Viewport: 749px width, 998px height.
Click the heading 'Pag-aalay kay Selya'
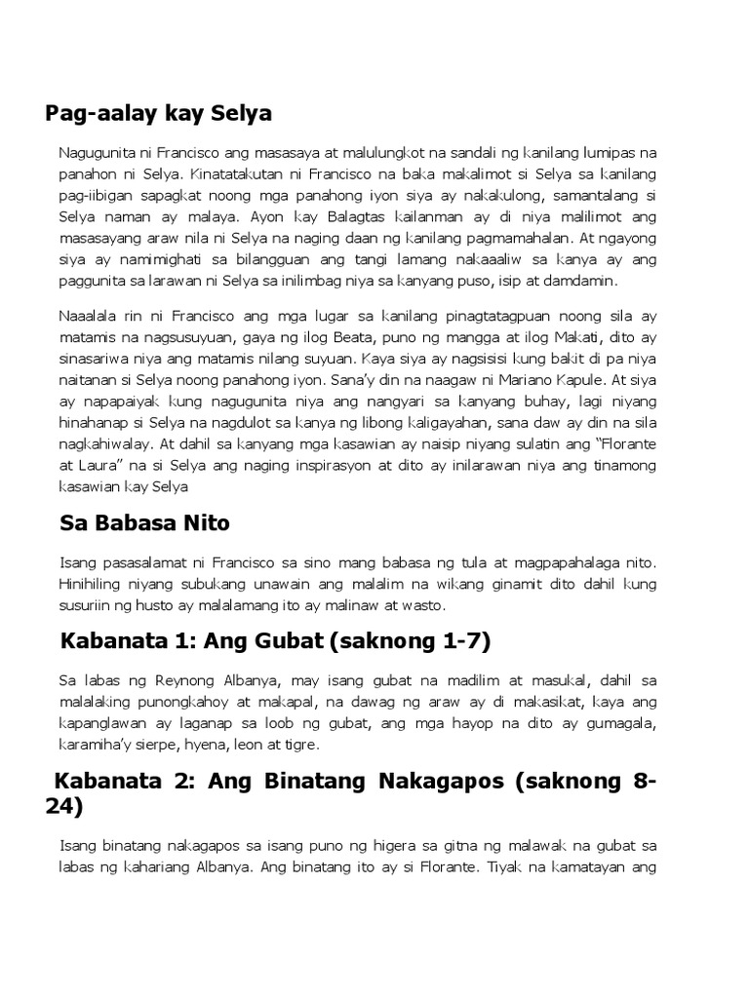pyautogui.click(x=158, y=114)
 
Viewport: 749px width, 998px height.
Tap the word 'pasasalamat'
pyautogui.click(x=144, y=563)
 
